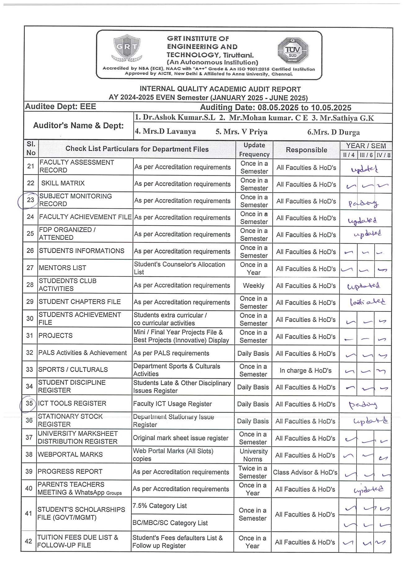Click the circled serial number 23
point(30,200)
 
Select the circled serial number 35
point(29,403)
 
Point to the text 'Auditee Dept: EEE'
point(61,107)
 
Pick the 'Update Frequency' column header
point(254,150)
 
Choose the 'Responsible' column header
point(306,150)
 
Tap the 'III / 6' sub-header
point(366,155)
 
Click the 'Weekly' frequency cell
point(254,285)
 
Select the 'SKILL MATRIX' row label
point(63,183)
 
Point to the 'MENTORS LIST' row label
point(62,268)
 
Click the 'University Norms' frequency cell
point(253,455)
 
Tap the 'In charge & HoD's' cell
point(305,370)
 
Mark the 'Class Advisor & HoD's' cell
point(305,472)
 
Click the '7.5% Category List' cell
point(160,506)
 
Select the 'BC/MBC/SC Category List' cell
point(170,523)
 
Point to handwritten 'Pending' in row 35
point(363,404)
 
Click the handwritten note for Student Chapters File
point(367,302)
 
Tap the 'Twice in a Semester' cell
point(253,472)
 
